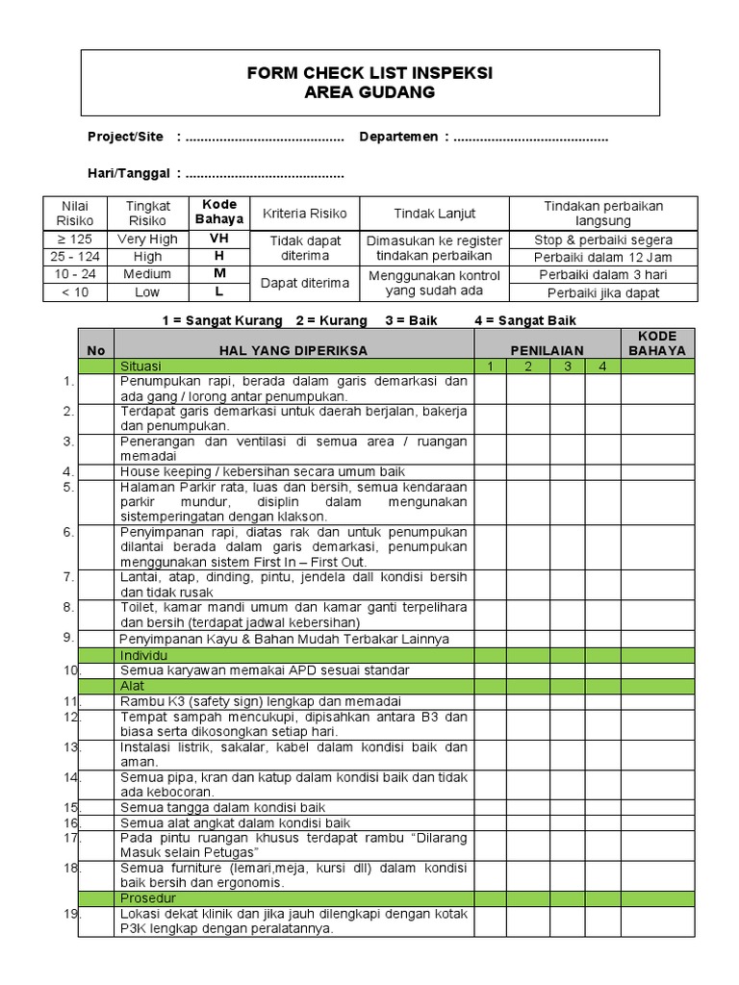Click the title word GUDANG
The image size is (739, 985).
tap(397, 92)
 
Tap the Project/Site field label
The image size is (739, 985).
tap(125, 138)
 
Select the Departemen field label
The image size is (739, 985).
tap(399, 138)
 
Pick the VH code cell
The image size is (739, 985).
tap(219, 240)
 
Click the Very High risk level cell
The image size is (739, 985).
tap(147, 240)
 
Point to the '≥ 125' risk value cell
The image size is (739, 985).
tap(74, 240)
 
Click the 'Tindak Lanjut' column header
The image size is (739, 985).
tap(434, 214)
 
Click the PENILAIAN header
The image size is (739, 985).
tap(546, 351)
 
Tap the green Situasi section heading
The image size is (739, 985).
tap(140, 366)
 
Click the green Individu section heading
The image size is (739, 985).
tap(143, 654)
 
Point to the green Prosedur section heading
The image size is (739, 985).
tap(145, 897)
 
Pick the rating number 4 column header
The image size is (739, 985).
tap(602, 366)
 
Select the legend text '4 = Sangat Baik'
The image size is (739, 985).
tap(525, 320)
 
